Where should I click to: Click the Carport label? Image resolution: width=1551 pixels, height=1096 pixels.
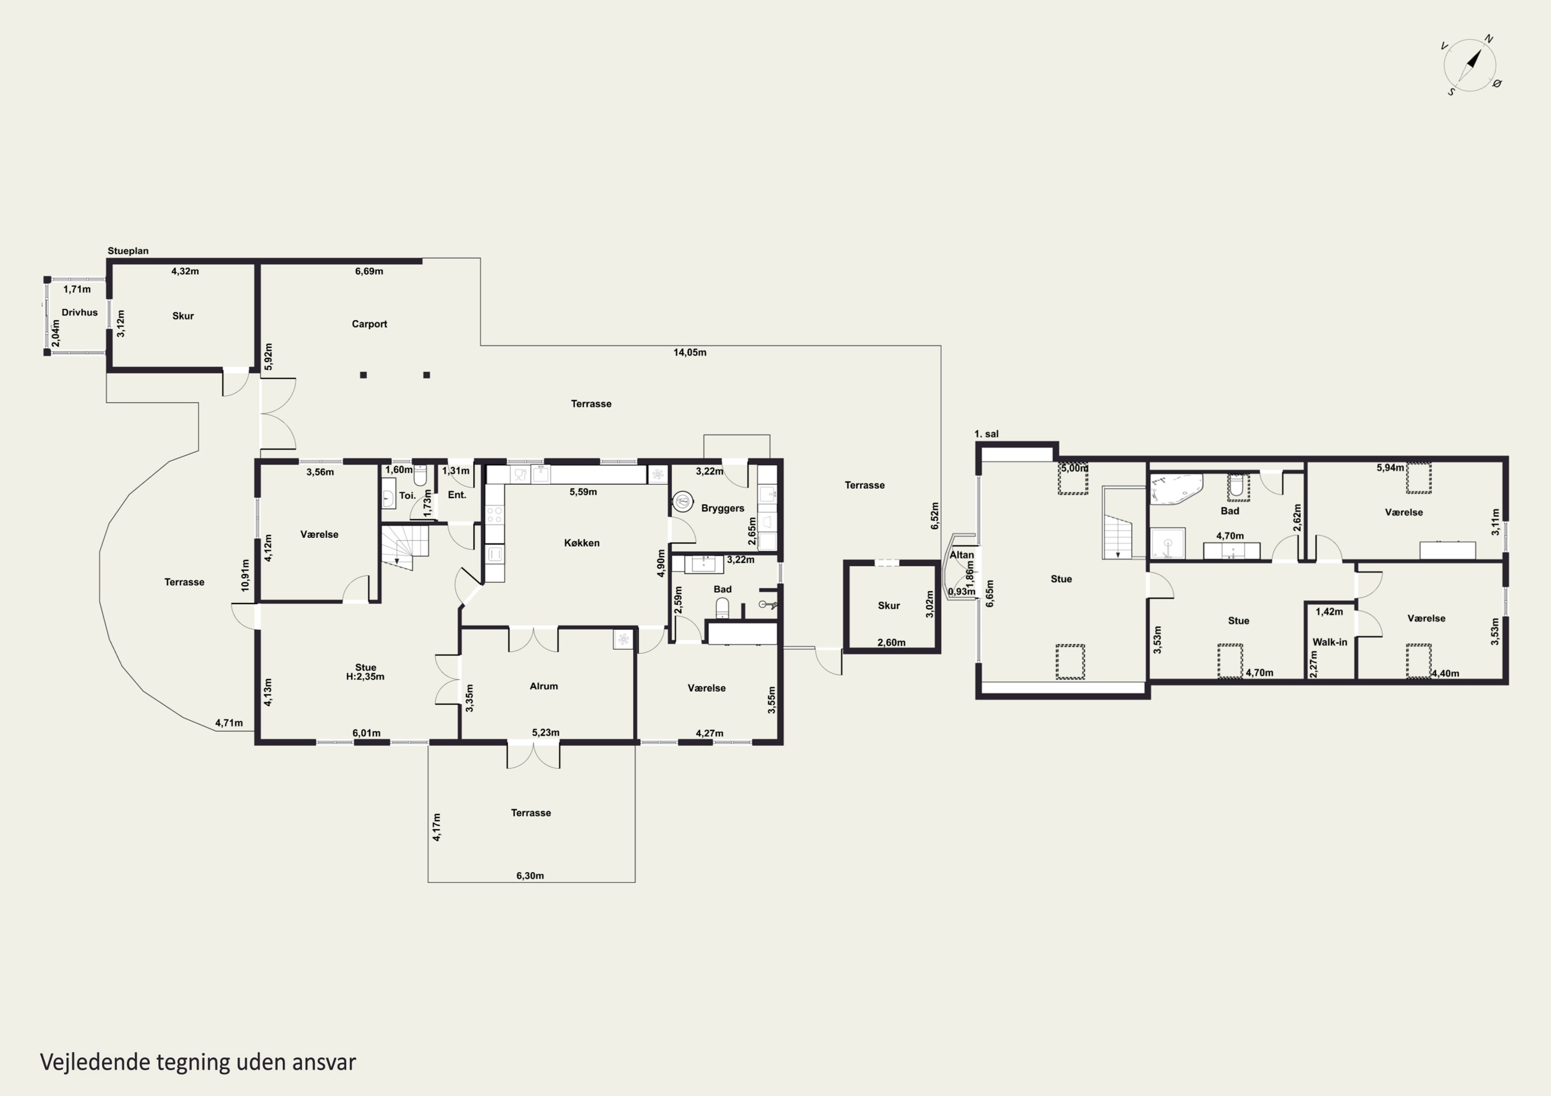pyautogui.click(x=370, y=324)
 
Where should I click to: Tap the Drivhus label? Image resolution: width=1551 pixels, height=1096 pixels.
pyautogui.click(x=80, y=313)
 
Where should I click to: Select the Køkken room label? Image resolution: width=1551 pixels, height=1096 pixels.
pyautogui.click(x=582, y=543)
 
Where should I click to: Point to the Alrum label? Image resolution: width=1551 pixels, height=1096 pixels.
pyautogui.click(x=544, y=686)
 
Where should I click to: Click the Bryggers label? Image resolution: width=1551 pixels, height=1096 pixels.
pyautogui.click(x=723, y=508)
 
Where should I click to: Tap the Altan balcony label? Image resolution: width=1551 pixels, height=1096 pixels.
pyautogui.click(x=962, y=555)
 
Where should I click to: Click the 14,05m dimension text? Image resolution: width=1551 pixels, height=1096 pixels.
pyautogui.click(x=690, y=352)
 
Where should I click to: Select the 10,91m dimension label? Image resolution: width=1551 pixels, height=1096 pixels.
pyautogui.click(x=245, y=575)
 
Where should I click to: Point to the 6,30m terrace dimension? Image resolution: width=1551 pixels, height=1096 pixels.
pyautogui.click(x=530, y=876)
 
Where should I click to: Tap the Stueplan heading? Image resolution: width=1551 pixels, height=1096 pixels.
pyautogui.click(x=128, y=251)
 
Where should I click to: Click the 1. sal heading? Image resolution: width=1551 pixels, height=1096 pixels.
pyautogui.click(x=986, y=434)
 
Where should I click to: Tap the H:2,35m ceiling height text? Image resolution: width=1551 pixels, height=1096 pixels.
pyautogui.click(x=366, y=676)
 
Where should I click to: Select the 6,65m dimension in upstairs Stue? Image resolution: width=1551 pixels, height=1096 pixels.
pyautogui.click(x=991, y=594)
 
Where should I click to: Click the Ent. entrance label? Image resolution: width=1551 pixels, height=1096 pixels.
pyautogui.click(x=458, y=495)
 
